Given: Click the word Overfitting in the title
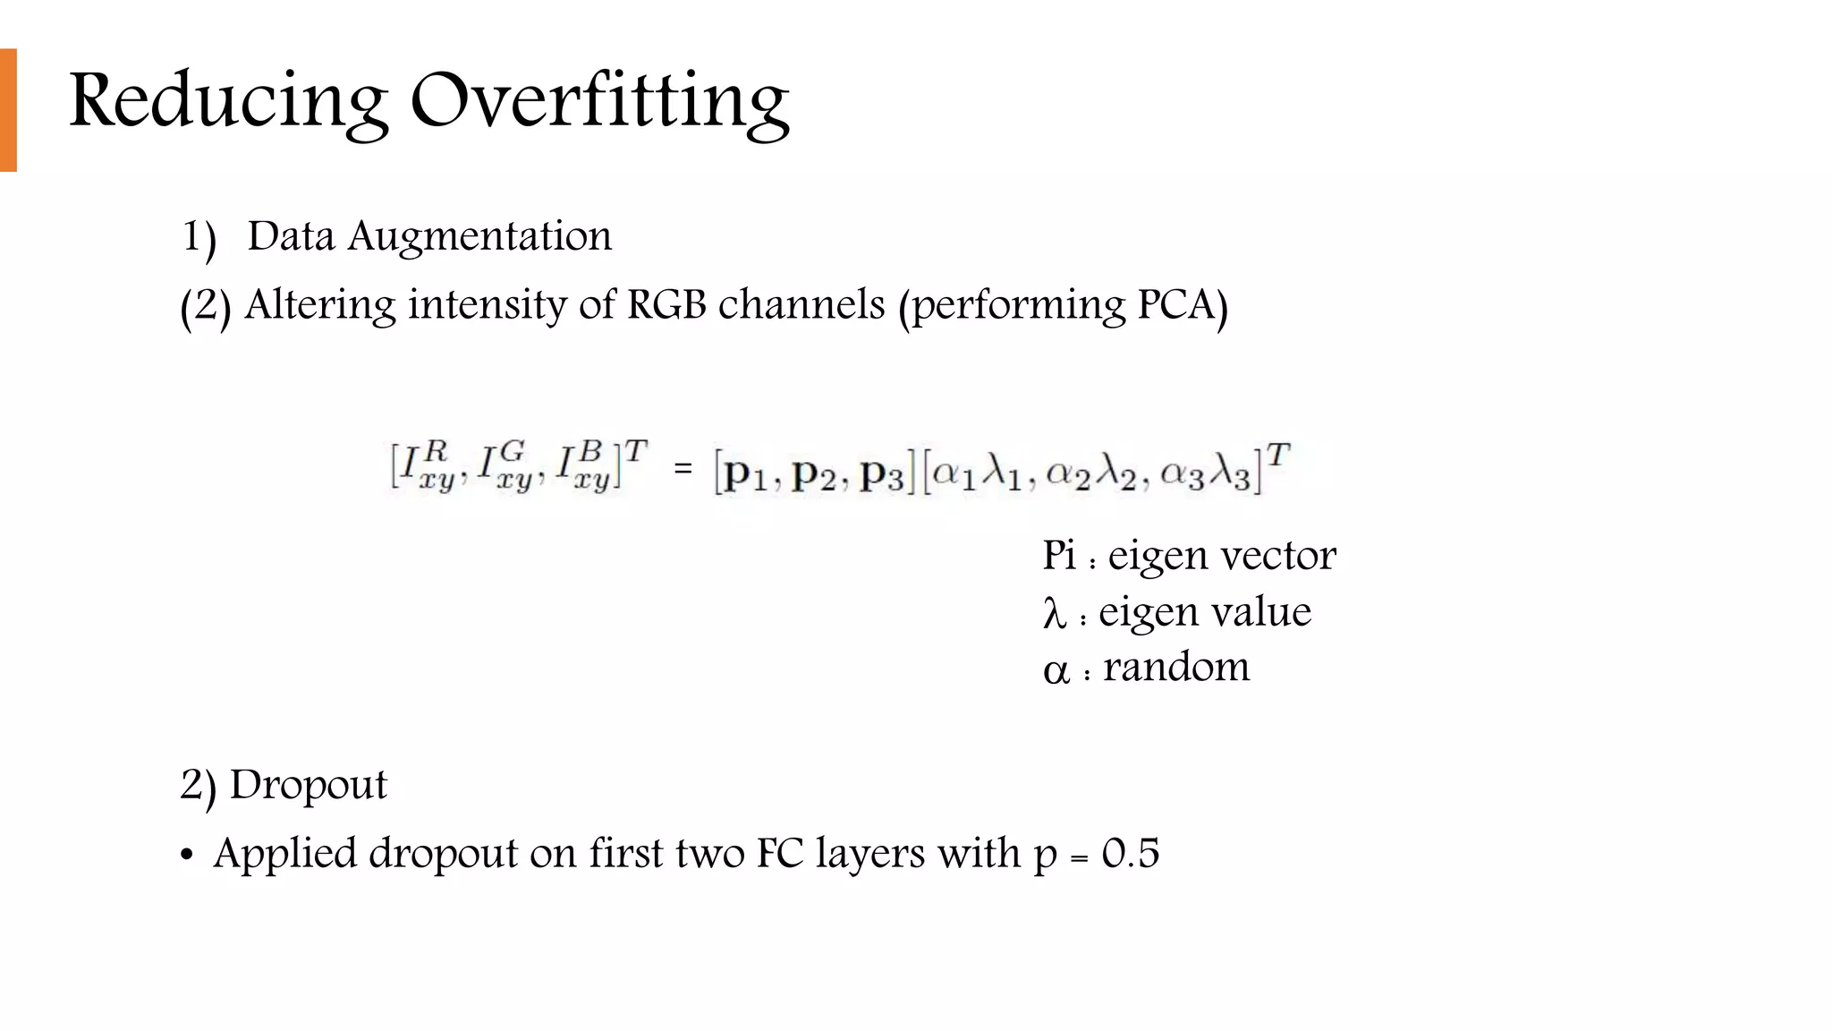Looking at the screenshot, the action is [599, 100].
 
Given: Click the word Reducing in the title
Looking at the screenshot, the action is [228, 100].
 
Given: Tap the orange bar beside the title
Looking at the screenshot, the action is [8, 109].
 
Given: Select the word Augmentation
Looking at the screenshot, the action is [479, 237].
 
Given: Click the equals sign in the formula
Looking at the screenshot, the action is [683, 468].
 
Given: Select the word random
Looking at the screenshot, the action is [1176, 668].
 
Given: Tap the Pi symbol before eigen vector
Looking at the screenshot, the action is [1059, 556].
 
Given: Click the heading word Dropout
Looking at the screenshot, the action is [308, 785].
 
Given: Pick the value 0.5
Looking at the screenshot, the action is [1131, 853].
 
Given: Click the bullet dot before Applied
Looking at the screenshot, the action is [186, 856].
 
